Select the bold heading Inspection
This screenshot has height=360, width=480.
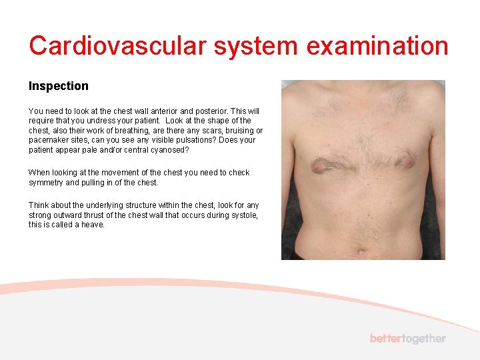click(58, 86)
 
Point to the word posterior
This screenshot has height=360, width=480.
click(212, 111)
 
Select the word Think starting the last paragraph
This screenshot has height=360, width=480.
click(38, 205)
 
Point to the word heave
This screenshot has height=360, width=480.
click(93, 225)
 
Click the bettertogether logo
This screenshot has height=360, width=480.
click(407, 339)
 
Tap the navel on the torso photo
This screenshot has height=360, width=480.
click(362, 252)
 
